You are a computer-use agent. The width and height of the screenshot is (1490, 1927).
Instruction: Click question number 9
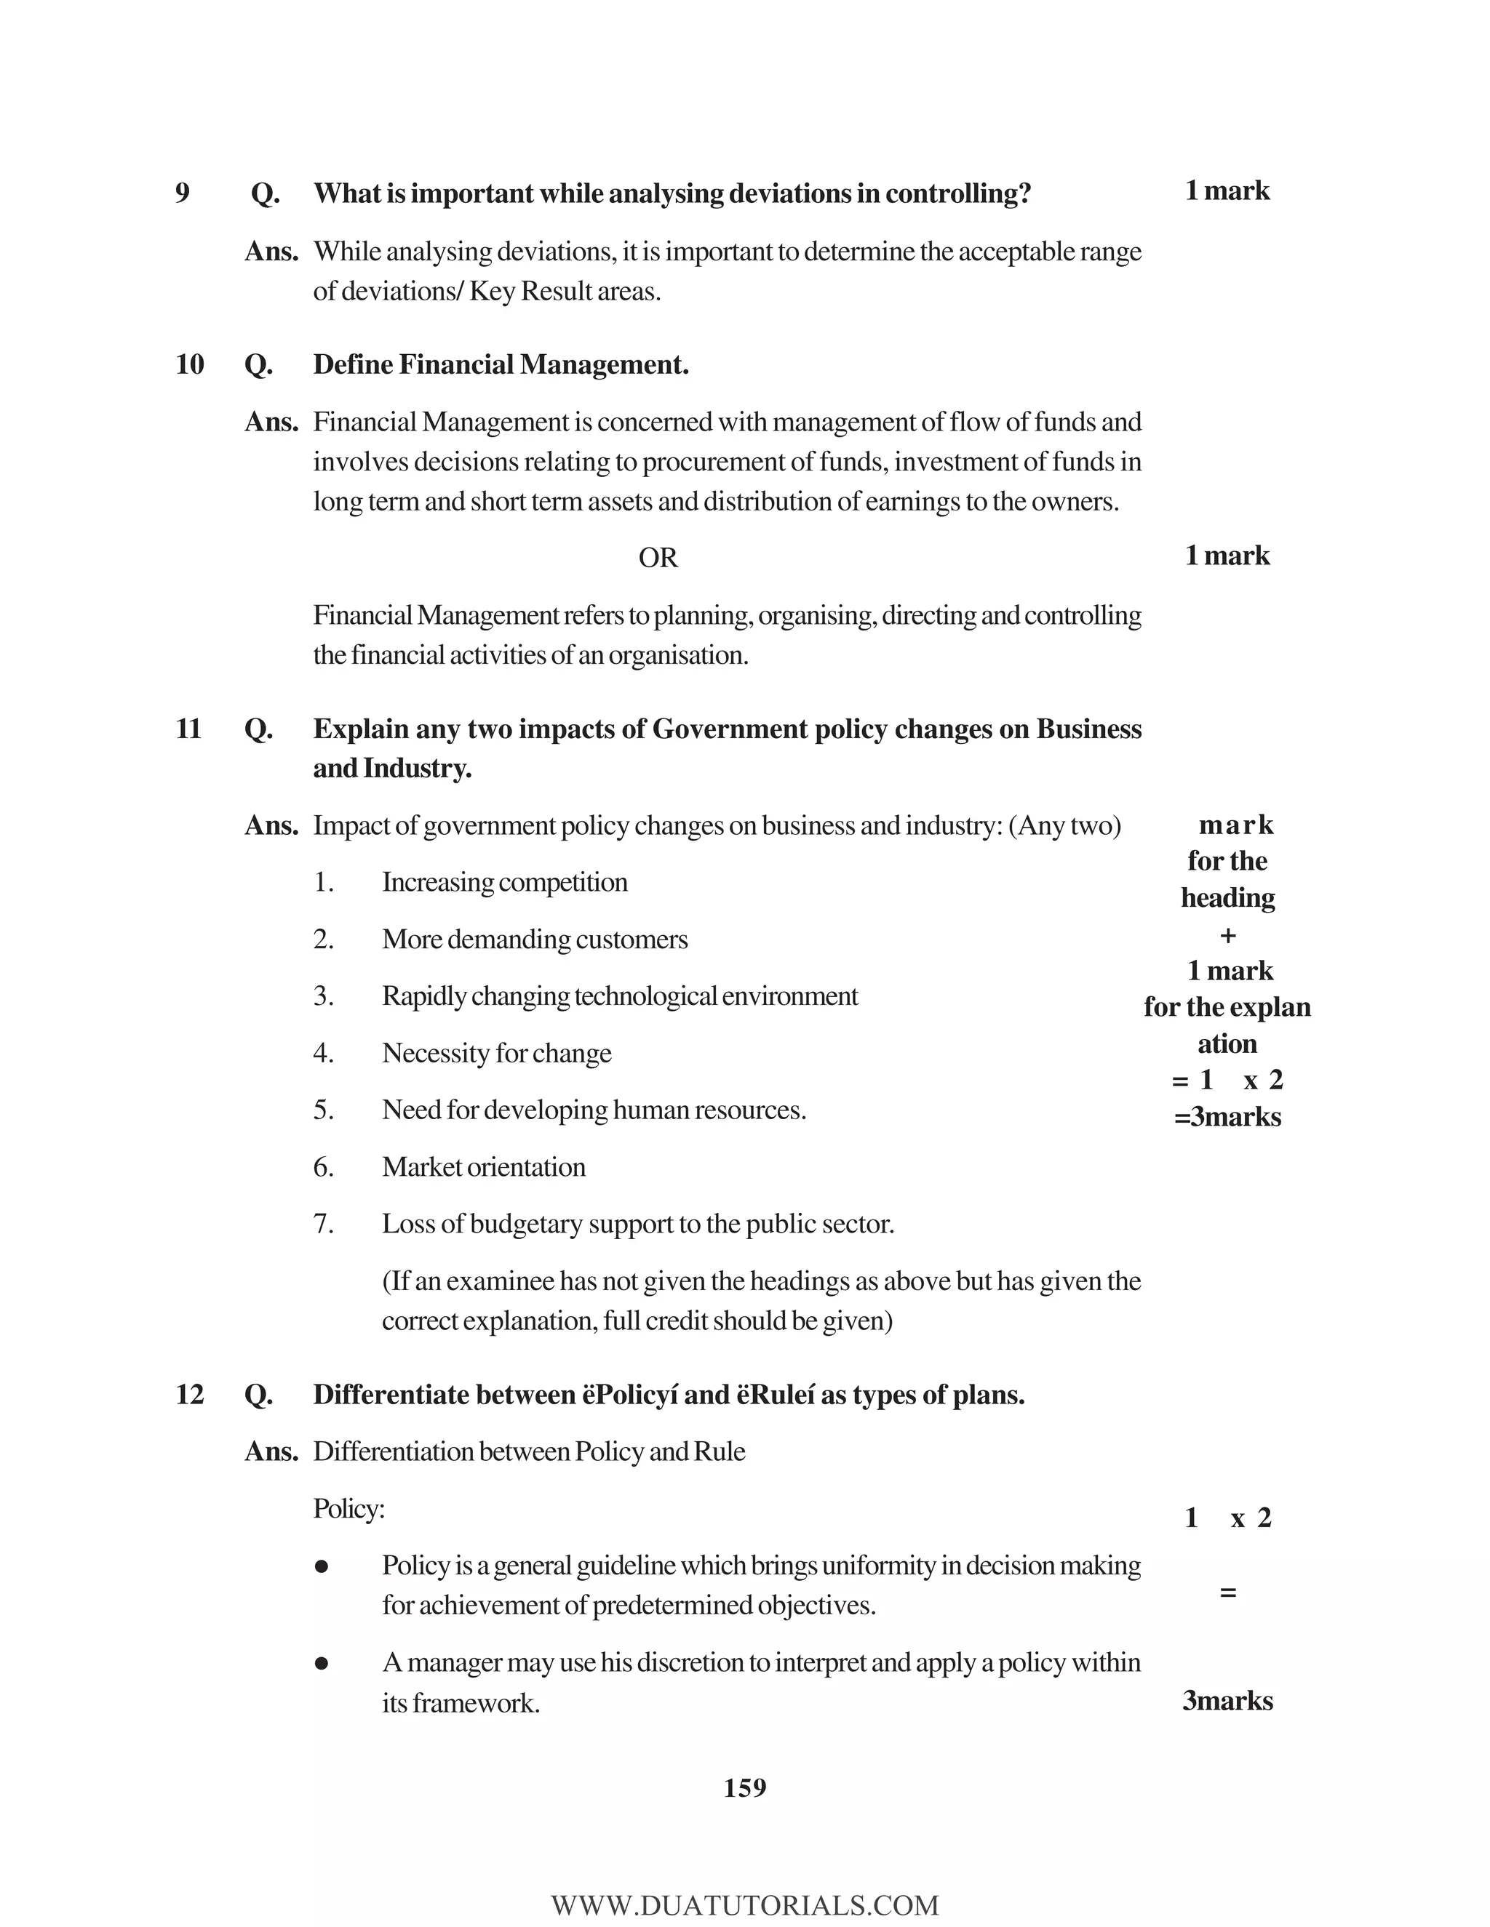coord(183,193)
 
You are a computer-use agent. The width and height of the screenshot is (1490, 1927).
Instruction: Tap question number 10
coord(190,364)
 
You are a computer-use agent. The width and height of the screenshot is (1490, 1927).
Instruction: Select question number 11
coord(189,729)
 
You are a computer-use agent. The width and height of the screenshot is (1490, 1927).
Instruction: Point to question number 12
coord(190,1394)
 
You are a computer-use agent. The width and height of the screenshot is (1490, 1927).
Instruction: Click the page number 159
coord(745,1787)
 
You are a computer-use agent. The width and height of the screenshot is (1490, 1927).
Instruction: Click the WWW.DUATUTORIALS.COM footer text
coord(745,1906)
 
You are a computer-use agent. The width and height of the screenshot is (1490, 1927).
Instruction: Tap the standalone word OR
coord(658,558)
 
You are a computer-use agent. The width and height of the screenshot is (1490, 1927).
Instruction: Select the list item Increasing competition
coord(504,882)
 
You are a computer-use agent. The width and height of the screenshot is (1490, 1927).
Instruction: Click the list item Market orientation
coord(484,1167)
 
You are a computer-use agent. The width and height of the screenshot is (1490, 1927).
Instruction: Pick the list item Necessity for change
coord(496,1054)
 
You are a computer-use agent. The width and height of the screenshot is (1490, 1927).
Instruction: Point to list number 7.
coord(323,1224)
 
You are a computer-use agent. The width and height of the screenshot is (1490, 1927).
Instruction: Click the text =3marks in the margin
coord(1227,1117)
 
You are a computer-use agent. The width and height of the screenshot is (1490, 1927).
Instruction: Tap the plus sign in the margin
coord(1227,935)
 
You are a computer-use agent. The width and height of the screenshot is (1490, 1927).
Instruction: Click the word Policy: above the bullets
coord(348,1509)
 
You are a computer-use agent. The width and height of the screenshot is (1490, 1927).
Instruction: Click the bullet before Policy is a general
coord(322,1567)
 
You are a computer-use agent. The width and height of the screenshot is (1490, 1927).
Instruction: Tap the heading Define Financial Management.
coord(501,364)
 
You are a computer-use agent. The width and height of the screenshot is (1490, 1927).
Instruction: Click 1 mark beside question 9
coord(1227,191)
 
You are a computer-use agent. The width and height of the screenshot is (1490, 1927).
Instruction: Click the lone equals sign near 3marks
coord(1227,1593)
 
